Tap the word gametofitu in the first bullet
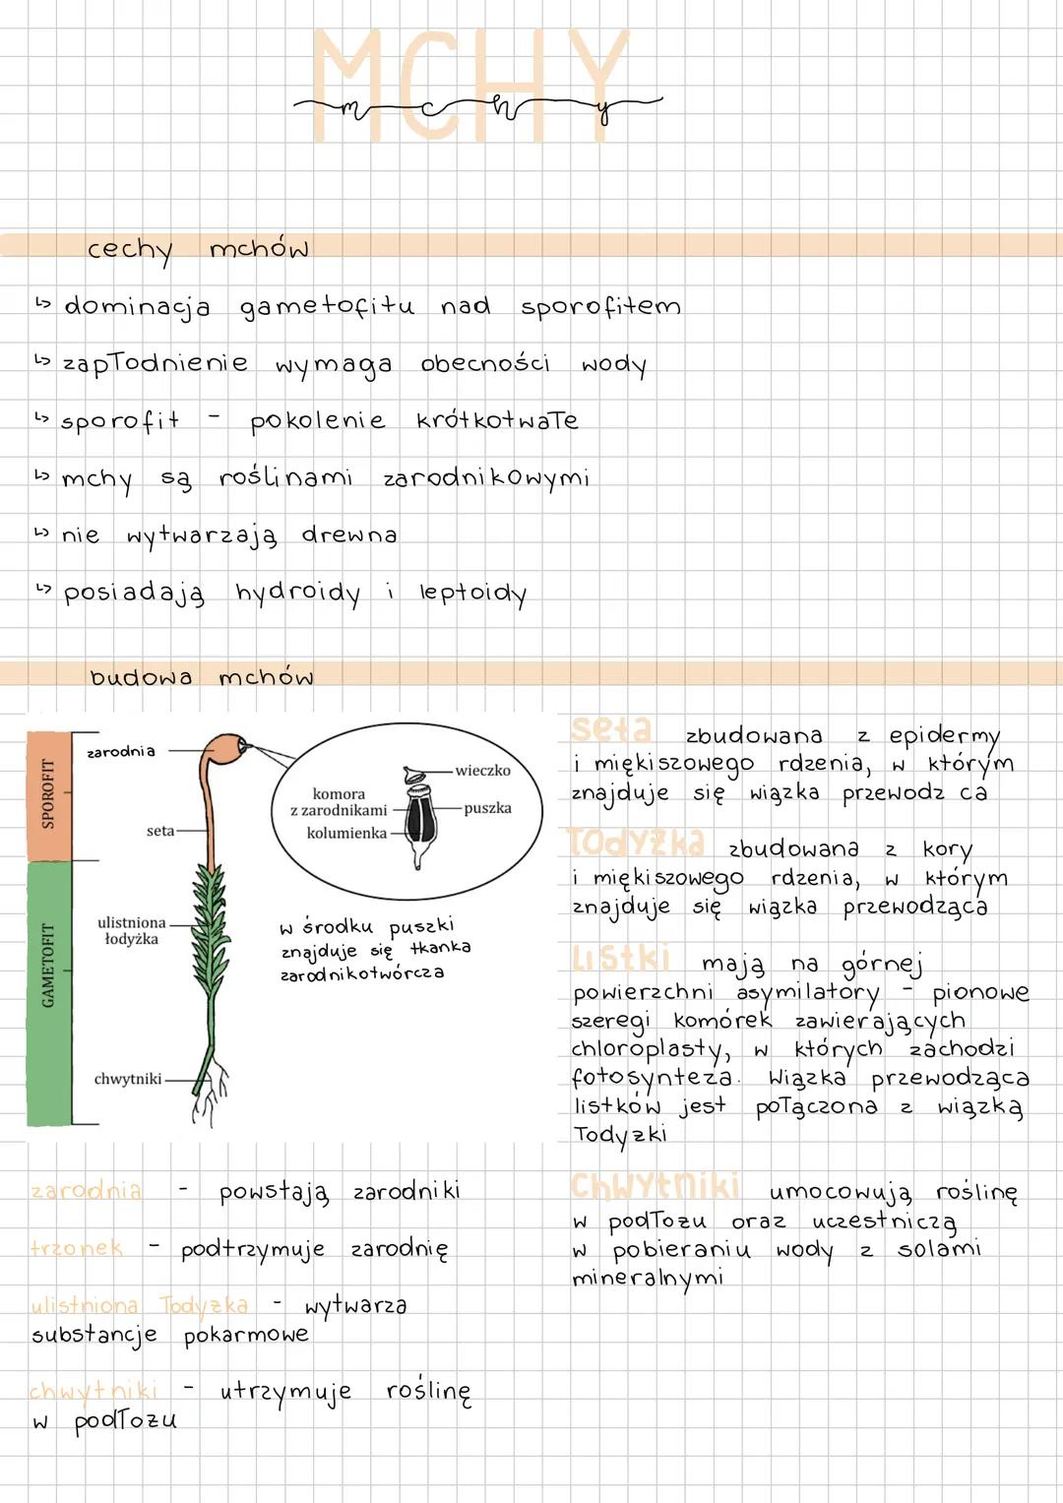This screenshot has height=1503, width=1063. (327, 307)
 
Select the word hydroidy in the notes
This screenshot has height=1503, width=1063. (297, 594)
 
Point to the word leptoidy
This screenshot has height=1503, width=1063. (472, 594)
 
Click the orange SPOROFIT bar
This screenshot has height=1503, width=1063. (48, 795)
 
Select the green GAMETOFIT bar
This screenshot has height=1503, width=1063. (48, 992)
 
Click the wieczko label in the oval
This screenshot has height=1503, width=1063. (482, 771)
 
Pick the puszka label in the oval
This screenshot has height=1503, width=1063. (487, 808)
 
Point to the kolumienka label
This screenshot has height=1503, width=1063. (346, 833)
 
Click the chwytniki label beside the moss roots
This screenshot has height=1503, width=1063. (127, 1079)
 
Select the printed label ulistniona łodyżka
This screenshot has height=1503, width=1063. (131, 930)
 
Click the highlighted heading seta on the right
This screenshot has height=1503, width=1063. (611, 730)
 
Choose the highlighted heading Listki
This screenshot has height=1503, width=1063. (621, 958)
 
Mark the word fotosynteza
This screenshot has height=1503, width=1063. (652, 1079)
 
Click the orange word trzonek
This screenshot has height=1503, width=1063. (77, 1248)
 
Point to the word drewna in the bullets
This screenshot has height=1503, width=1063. (349, 535)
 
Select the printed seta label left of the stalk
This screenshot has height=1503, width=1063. (159, 832)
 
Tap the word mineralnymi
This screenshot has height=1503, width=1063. (648, 1278)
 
